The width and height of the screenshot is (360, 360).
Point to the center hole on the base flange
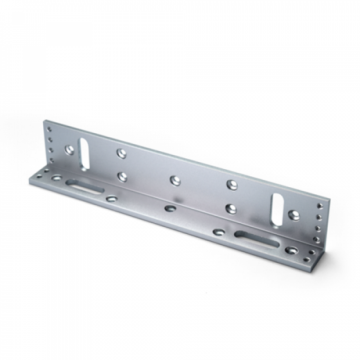[x=171, y=208]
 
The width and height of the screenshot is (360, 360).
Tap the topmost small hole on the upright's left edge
[x=49, y=130]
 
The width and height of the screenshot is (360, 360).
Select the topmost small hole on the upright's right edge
[x=319, y=206]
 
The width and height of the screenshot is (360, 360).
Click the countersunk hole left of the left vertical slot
[x=69, y=149]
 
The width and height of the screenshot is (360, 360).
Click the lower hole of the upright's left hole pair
[x=121, y=176]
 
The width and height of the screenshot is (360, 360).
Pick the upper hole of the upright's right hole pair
[x=231, y=184]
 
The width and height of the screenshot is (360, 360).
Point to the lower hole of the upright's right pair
[x=231, y=208]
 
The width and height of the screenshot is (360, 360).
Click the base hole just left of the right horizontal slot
[x=219, y=232]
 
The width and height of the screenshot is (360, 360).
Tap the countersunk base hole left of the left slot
[x=56, y=178]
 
